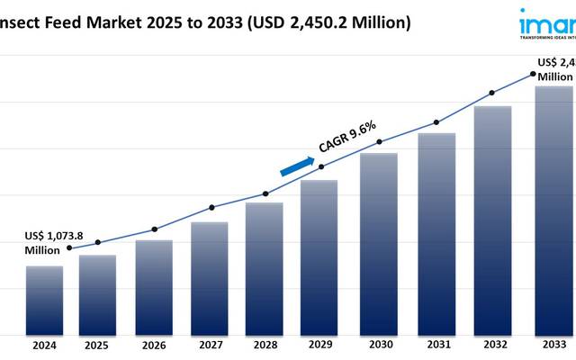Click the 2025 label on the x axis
tap(97, 345)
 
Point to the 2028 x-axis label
tap(265, 345)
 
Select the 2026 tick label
tap(153, 345)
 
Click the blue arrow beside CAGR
tap(297, 166)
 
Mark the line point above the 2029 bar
tap(321, 166)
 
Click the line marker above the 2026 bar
tap(154, 229)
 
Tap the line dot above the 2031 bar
tap(436, 122)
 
